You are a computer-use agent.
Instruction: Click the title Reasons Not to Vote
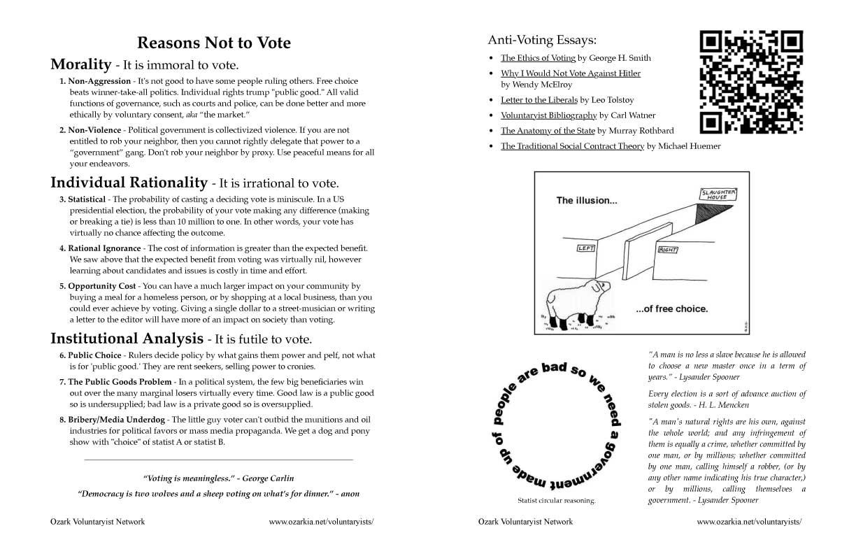[213, 43]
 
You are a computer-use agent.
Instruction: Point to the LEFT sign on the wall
[585, 248]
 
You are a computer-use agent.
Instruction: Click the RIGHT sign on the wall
[668, 249]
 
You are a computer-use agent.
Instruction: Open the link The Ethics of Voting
[538, 58]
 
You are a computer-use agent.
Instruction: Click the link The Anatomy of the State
[548, 131]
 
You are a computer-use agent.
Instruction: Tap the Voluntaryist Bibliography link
[548, 115]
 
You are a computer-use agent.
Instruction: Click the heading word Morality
[80, 64]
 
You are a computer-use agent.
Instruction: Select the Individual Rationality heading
[129, 183]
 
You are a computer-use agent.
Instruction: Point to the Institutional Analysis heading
[127, 339]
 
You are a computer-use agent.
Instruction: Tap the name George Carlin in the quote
[269, 478]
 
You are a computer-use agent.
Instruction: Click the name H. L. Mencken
[738, 405]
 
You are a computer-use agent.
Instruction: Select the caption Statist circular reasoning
[556, 501]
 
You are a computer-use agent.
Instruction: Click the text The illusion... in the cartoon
[587, 201]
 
